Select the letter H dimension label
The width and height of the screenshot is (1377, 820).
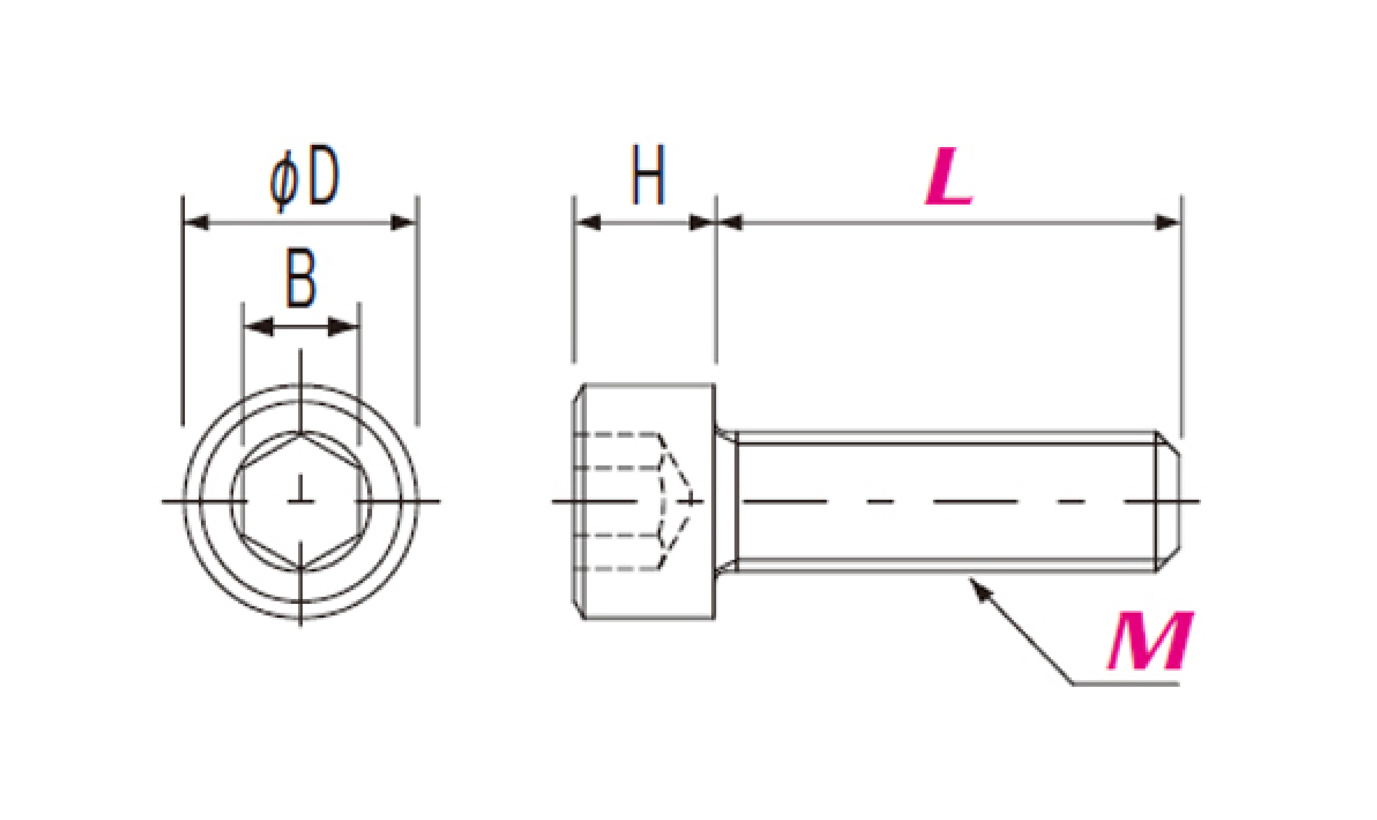point(648,175)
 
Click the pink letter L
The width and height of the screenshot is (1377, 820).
point(949,177)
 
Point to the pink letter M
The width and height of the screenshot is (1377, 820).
point(1150,640)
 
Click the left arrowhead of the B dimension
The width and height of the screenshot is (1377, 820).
point(258,327)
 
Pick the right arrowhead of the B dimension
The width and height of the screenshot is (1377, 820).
point(343,327)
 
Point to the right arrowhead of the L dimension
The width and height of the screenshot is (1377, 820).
point(1168,223)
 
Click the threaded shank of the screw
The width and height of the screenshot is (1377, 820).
point(947,501)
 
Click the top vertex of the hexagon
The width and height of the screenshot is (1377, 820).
point(300,433)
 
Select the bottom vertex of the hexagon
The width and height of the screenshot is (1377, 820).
point(300,568)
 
